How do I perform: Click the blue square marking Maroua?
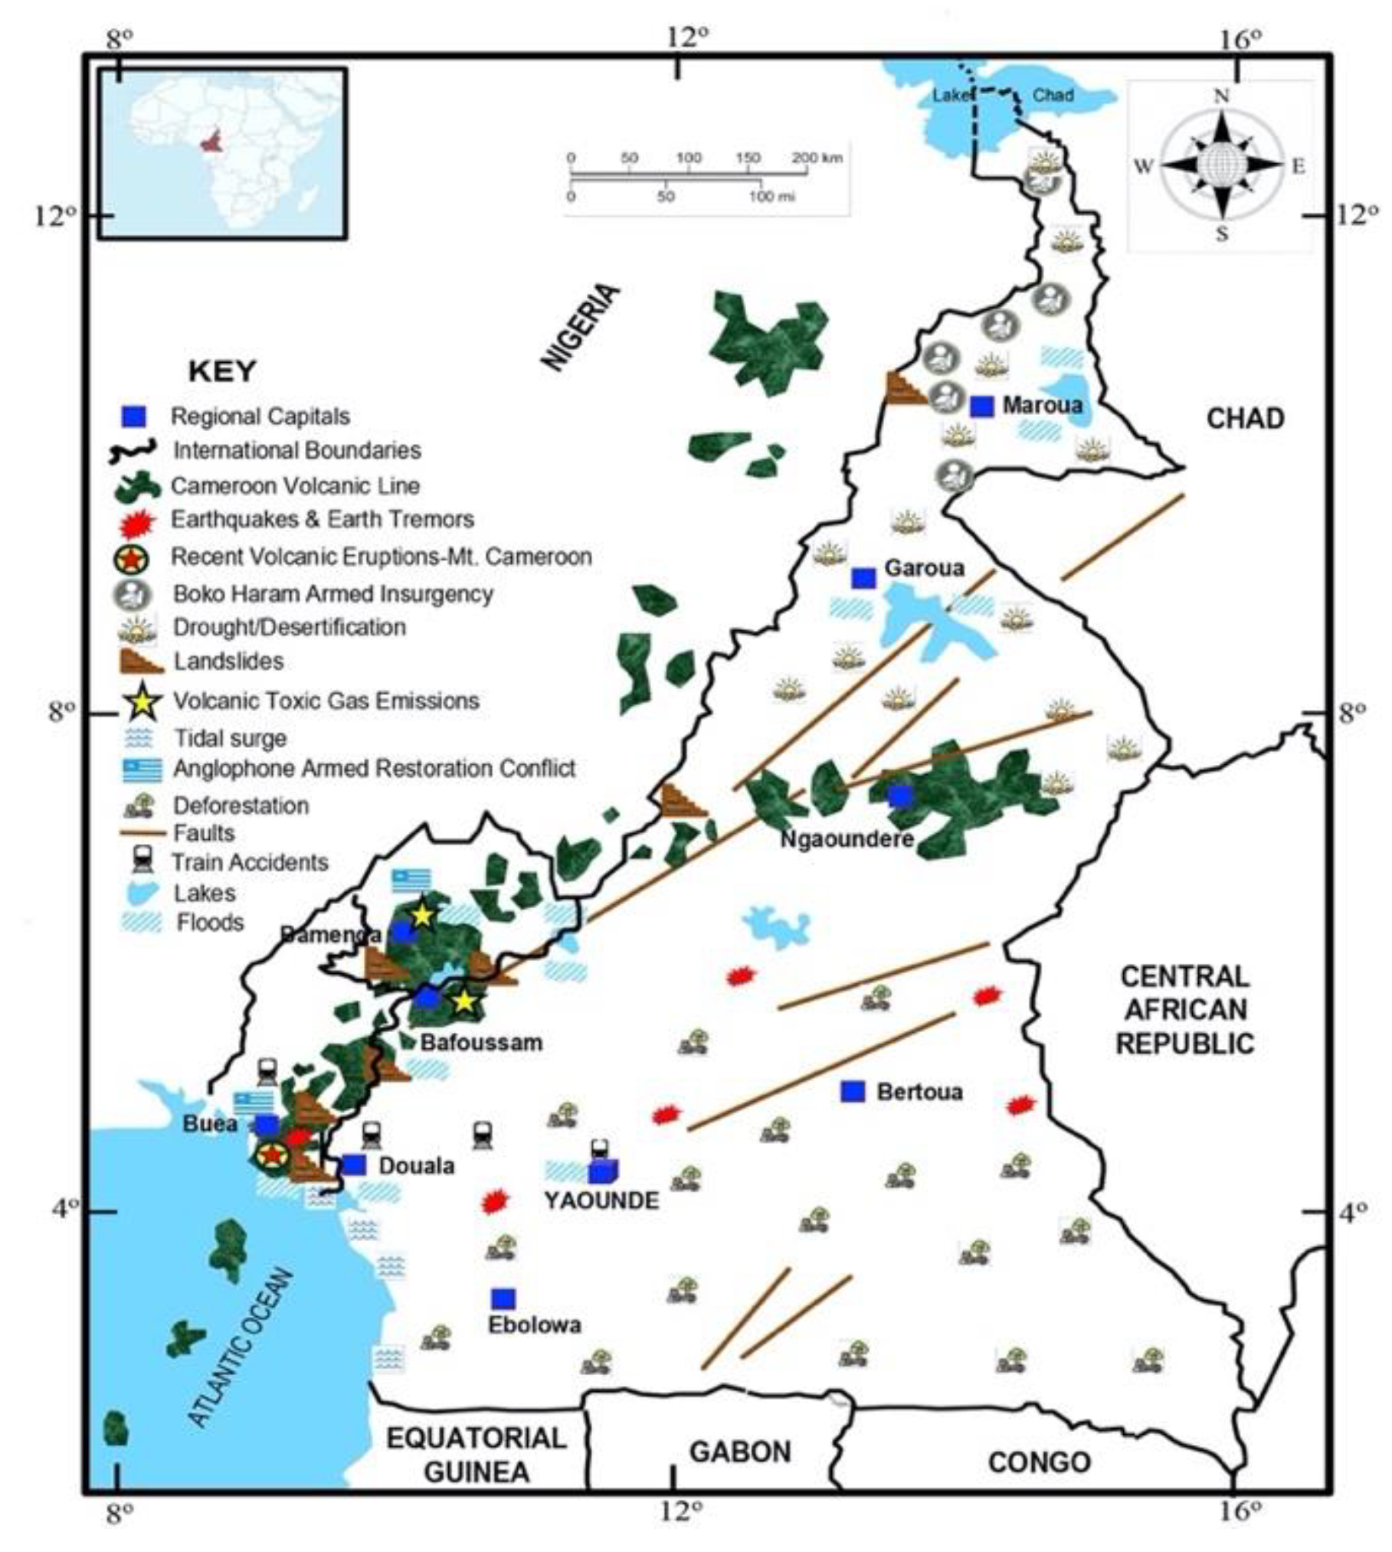pyautogui.click(x=981, y=406)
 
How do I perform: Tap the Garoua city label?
pyautogui.click(x=924, y=568)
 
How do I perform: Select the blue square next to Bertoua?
pyautogui.click(x=853, y=1091)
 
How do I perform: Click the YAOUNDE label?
pyautogui.click(x=601, y=1200)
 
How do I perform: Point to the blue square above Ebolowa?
pyautogui.click(x=503, y=1299)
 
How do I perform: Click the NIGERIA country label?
pyautogui.click(x=581, y=328)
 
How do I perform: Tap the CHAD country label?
pyautogui.click(x=1245, y=419)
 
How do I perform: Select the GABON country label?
pyautogui.click(x=739, y=1452)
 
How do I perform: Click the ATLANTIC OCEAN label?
pyautogui.click(x=240, y=1348)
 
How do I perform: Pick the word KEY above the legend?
pyautogui.click(x=222, y=371)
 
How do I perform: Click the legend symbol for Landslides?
pyautogui.click(x=141, y=661)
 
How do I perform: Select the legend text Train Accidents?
pyautogui.click(x=250, y=862)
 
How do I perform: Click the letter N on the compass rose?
pyautogui.click(x=1221, y=96)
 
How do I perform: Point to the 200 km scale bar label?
pyautogui.click(x=817, y=158)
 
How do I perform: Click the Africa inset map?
pyautogui.click(x=223, y=153)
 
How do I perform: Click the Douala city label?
pyautogui.click(x=417, y=1165)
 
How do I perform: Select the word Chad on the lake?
pyautogui.click(x=1053, y=95)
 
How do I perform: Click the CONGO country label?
pyautogui.click(x=1039, y=1462)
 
